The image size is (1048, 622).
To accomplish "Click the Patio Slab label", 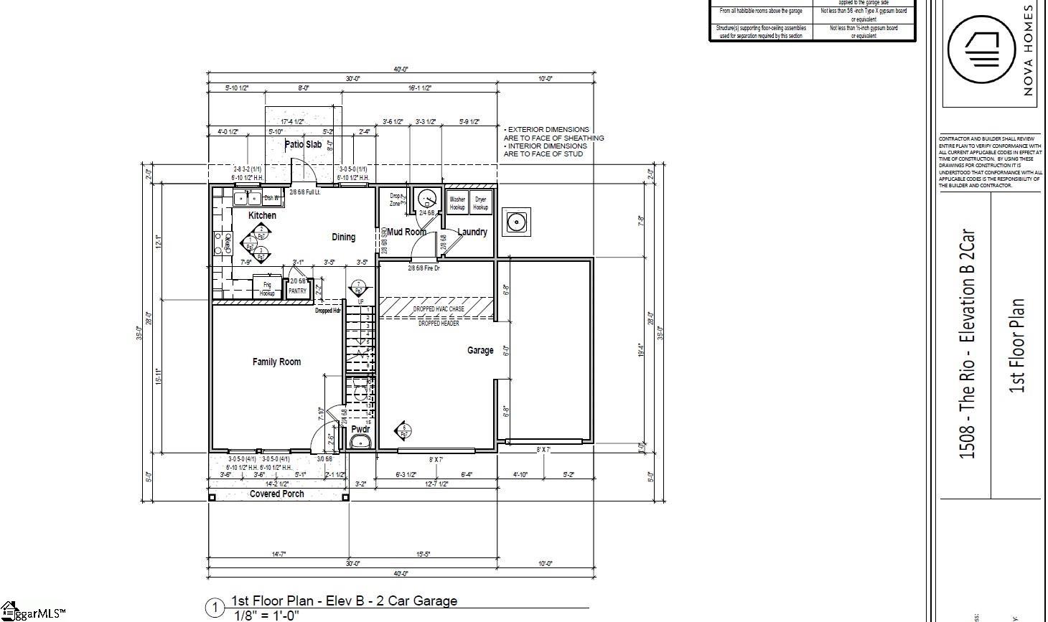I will [x=303, y=144].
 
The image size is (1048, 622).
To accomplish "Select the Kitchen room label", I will [x=262, y=215].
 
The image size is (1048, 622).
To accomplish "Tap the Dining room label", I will [x=343, y=237].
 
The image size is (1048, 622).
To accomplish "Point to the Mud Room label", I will [x=406, y=232].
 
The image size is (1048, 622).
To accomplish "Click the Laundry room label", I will [x=472, y=232].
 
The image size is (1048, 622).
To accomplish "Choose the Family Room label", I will [x=276, y=362].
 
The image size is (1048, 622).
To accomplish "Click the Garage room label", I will [x=480, y=350].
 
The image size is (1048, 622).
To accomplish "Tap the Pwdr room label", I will [x=360, y=429].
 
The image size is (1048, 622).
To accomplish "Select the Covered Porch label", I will [x=276, y=494].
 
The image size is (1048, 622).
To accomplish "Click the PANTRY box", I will [x=297, y=291].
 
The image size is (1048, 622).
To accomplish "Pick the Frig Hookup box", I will [x=267, y=288].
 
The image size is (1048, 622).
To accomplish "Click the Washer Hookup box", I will [x=457, y=203].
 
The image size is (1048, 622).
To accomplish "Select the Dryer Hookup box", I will [x=480, y=203].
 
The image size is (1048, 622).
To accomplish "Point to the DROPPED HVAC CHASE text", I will [x=439, y=308].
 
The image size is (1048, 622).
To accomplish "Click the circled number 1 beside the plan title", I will [x=215, y=608].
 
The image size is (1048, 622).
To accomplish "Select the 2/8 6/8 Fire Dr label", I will [x=424, y=268].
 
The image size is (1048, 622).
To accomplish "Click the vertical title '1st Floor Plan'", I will [x=1016, y=346].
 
